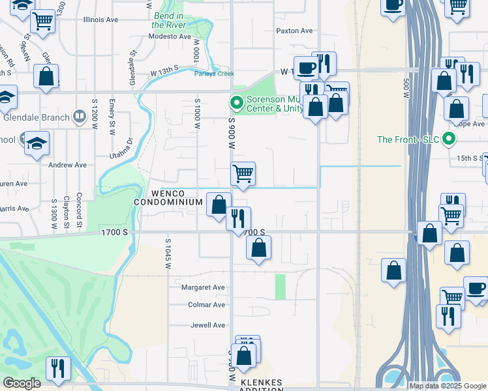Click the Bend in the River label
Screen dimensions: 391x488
click(169, 20)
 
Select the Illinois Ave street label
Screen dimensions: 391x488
click(101, 20)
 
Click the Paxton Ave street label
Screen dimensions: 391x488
click(295, 31)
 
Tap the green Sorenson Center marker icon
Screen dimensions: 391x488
click(235, 103)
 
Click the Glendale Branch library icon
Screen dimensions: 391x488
click(79, 117)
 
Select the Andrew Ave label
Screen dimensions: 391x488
click(68, 165)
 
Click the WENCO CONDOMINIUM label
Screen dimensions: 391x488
click(168, 197)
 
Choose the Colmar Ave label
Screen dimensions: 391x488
click(207, 305)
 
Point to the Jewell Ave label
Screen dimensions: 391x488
click(207, 325)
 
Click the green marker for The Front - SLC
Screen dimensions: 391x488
click(448, 139)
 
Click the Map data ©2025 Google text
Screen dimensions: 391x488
click(448, 386)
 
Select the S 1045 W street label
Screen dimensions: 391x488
click(168, 254)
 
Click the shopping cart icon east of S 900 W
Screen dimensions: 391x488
click(243, 174)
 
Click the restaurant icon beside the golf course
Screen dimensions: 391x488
click(58, 368)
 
